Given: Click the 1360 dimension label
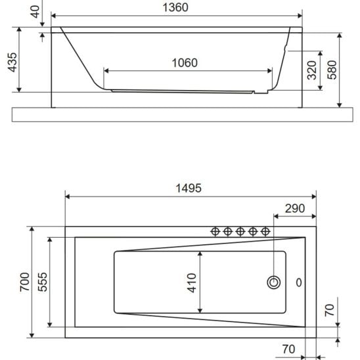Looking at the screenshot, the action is point(175,7).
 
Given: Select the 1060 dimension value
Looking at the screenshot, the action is point(185,63).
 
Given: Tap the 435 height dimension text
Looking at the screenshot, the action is point(12,62).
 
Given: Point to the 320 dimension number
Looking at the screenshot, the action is point(312,70).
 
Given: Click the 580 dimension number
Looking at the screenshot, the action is point(332,70).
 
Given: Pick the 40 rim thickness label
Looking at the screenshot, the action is point(35,12).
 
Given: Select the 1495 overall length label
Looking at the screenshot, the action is point(189,189).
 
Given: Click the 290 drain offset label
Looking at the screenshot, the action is point(295,208).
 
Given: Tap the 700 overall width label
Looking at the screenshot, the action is point(24,282).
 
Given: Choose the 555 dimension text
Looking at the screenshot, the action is point(43,282).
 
